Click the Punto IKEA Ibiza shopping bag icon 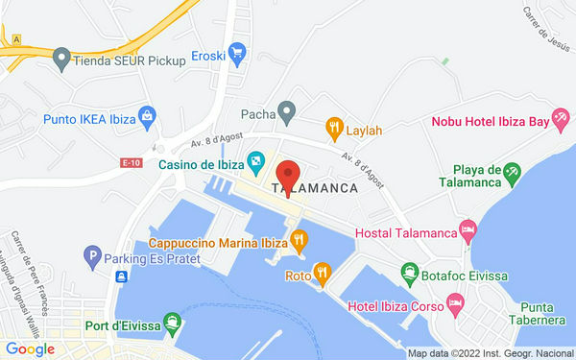click(148, 118)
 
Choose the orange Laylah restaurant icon click(334, 125)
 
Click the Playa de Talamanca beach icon click(512, 174)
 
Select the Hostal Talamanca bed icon click(468, 230)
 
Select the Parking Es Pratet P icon click(92, 256)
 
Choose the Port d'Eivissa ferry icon click(171, 321)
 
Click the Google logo click(30, 349)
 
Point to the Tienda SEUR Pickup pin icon click(61, 58)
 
